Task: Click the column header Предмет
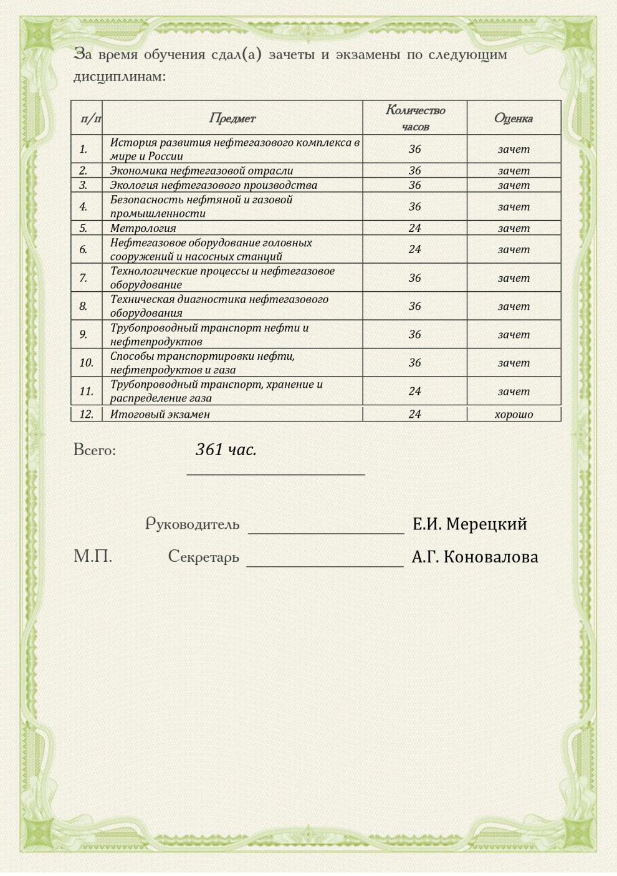pos(232,118)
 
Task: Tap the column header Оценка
pos(513,118)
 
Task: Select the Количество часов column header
pos(415,118)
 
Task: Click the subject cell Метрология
pos(143,228)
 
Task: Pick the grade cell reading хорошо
pos(514,414)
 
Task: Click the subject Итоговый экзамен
pos(160,414)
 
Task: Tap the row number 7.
pos(84,278)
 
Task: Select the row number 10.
pos(86,363)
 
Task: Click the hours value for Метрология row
pos(415,228)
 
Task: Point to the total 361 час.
pos(226,450)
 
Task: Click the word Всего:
pos(95,450)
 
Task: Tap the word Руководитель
pos(192,524)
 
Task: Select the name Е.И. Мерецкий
pos(469,524)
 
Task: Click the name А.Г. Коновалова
pos(475,557)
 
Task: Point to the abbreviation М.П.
pos(93,556)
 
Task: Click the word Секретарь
pos(203,556)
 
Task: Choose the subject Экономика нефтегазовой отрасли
pos(201,171)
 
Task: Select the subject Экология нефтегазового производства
pos(214,185)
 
